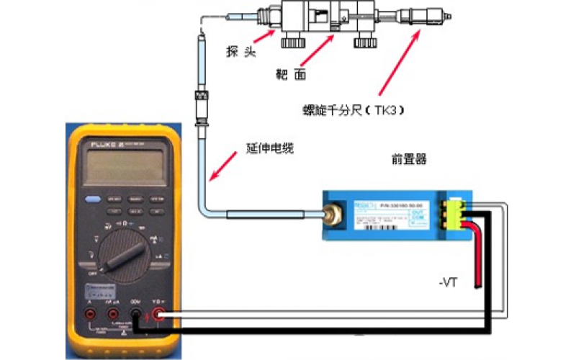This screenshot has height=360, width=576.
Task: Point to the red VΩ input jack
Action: [159, 315]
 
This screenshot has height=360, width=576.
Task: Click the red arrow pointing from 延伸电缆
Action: [223, 166]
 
